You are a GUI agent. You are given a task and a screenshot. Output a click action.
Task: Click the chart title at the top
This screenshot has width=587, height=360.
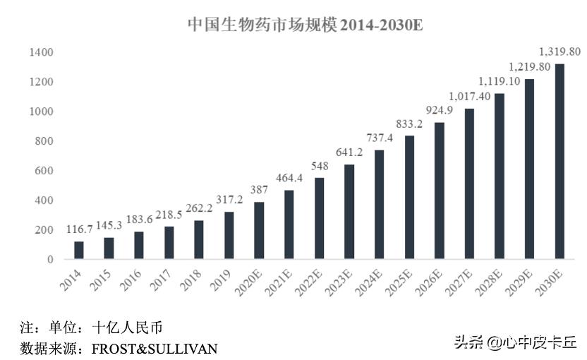click(305, 25)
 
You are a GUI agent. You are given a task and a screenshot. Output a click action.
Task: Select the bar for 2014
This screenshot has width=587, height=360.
click(79, 251)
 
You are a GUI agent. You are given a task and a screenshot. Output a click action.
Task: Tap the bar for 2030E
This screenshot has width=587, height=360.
click(559, 162)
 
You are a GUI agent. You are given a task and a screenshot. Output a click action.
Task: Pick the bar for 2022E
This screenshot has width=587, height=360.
click(319, 219)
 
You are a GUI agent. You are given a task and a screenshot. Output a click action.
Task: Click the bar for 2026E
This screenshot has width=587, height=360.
click(440, 191)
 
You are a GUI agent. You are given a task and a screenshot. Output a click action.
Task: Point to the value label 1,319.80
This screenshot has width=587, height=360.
click(559, 52)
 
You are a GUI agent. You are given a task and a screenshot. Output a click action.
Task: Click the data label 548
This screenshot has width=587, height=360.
click(319, 167)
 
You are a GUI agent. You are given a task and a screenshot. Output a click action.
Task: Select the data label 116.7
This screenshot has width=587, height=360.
click(79, 230)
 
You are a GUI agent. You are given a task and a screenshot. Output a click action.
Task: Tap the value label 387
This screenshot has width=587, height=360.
click(259, 191)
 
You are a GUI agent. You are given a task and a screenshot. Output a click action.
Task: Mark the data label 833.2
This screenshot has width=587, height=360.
click(409, 124)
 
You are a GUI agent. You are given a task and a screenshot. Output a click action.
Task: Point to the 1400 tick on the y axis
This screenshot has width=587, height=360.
click(41, 52)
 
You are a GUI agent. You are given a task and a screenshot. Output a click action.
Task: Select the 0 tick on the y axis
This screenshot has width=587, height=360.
click(50, 260)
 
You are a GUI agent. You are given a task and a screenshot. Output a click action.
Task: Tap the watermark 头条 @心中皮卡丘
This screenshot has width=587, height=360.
click(515, 344)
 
